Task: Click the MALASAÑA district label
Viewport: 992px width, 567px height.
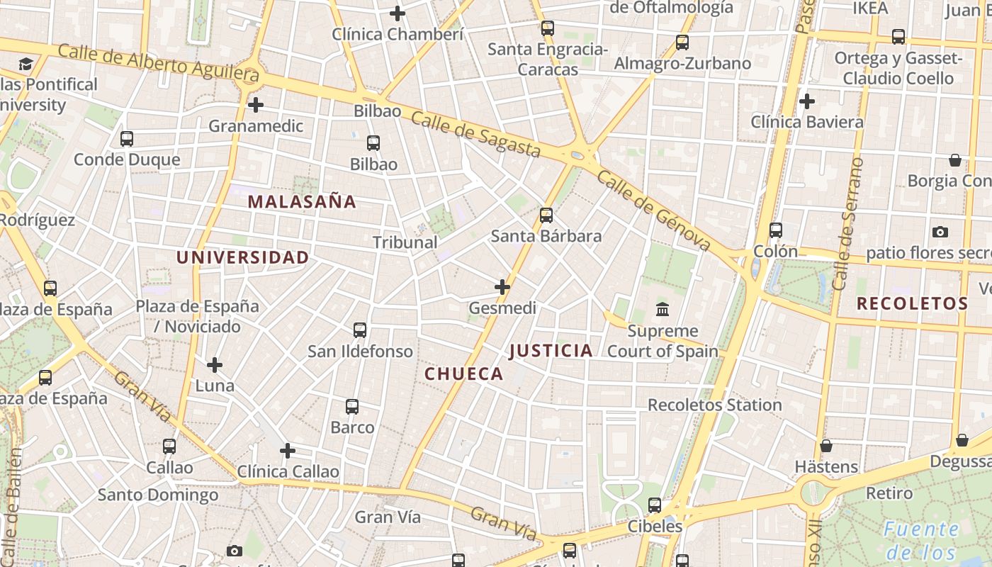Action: (302, 201)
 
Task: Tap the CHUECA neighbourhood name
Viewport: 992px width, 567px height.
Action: (464, 374)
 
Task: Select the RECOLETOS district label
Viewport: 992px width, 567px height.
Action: (912, 304)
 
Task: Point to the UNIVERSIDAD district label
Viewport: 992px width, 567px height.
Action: (242, 257)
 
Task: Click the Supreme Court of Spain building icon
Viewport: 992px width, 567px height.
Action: (663, 309)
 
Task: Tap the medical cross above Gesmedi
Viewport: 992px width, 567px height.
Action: (502, 287)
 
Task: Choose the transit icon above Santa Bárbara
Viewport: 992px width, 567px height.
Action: (546, 215)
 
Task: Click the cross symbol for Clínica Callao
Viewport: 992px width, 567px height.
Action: (288, 451)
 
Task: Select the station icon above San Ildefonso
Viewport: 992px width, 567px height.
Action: (360, 330)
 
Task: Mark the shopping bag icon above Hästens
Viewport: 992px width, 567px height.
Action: (826, 446)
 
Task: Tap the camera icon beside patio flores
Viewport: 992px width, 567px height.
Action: (940, 232)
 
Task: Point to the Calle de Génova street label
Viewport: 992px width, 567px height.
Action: (653, 211)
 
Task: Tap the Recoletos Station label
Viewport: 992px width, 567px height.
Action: (715, 405)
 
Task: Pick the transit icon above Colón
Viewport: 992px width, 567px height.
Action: (776, 230)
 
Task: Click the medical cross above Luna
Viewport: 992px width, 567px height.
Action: (215, 365)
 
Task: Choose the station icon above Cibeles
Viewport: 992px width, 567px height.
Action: (655, 505)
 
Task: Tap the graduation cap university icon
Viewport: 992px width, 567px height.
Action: (26, 64)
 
